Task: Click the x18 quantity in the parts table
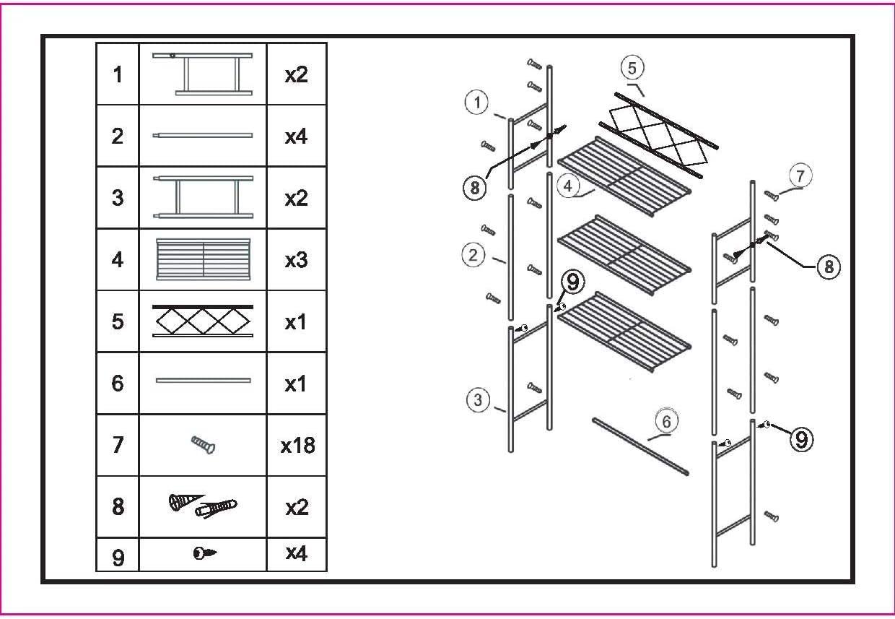pos(297,446)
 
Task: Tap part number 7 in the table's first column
pos(118,446)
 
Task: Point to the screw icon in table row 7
pos(203,445)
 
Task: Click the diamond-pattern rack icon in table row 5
pos(203,321)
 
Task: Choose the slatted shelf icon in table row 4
pos(203,259)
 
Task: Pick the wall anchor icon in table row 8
pos(203,506)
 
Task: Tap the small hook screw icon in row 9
pos(204,554)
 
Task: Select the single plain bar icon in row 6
pos(203,380)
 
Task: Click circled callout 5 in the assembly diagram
pos(632,69)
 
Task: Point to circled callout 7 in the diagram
pos(800,175)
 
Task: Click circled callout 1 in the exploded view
pos(476,103)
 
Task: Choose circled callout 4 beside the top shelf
pos(569,186)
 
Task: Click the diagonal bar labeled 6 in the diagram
pos(639,446)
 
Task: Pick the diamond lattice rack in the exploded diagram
pos(657,134)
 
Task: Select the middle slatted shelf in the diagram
pos(625,254)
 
